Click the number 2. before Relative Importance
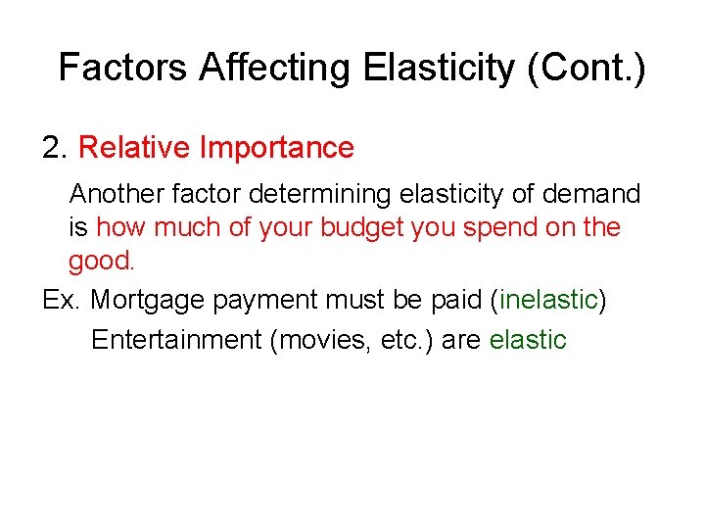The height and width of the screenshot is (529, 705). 55,148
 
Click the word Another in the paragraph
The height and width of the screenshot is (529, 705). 117,194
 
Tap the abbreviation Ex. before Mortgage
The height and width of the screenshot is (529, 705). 62,300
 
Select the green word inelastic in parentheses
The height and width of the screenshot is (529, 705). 548,300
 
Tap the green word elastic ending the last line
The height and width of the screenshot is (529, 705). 528,340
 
